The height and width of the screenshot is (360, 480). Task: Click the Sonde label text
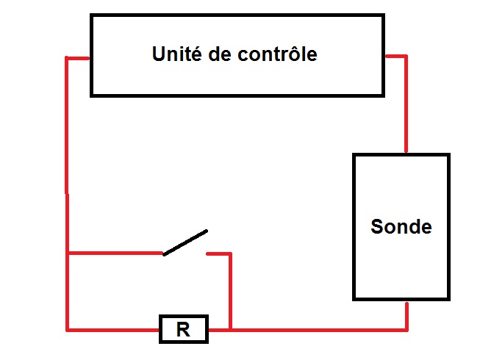point(401,226)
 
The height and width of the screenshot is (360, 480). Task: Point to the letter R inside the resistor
point(183,330)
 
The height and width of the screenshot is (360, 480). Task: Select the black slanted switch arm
point(185,242)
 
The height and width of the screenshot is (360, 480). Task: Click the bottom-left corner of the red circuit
point(68,329)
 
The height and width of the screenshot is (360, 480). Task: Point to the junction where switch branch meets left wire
point(68,253)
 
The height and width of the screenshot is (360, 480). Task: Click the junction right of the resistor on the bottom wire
point(231,329)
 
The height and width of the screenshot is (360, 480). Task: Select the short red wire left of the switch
point(114,253)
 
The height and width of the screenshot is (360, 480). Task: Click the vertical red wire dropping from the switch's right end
point(231,290)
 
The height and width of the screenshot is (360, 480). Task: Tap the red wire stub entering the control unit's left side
point(78,57)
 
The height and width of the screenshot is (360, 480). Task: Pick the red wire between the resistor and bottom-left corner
point(114,329)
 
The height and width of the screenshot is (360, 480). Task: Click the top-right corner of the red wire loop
point(406,56)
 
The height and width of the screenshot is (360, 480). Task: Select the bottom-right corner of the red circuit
point(406,329)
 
